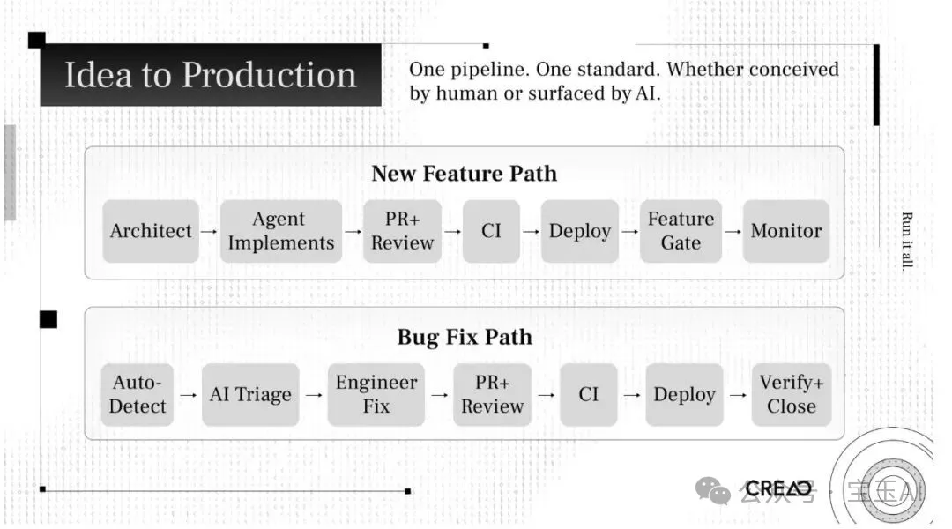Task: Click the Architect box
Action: [151, 231]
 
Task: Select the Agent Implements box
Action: [280, 231]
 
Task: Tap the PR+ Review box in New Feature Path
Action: [402, 231]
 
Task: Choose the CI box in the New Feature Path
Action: [491, 231]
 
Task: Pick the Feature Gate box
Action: [681, 231]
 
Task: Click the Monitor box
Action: [785, 231]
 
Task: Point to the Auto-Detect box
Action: [138, 395]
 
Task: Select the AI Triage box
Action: [250, 395]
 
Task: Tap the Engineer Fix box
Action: [376, 395]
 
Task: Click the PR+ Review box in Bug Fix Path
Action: [492, 395]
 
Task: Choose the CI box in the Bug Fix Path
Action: [589, 395]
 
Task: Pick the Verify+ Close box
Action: [791, 395]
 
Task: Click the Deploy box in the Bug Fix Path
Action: [684, 395]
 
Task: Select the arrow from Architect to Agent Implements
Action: [209, 231]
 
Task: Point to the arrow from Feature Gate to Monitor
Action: [733, 231]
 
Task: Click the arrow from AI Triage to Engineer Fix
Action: [314, 395]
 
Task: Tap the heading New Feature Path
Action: [464, 173]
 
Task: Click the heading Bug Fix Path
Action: [464, 337]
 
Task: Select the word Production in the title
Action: [269, 76]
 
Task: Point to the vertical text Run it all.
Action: [907, 241]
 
